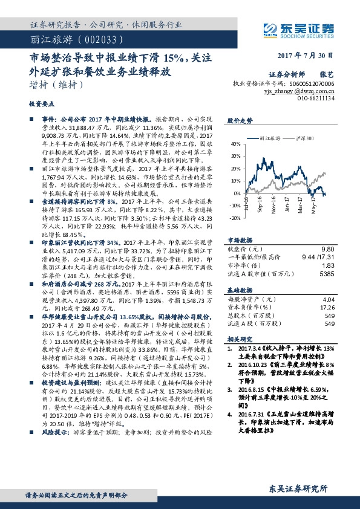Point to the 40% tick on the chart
235,144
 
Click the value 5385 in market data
327,256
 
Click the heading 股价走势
238,121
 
